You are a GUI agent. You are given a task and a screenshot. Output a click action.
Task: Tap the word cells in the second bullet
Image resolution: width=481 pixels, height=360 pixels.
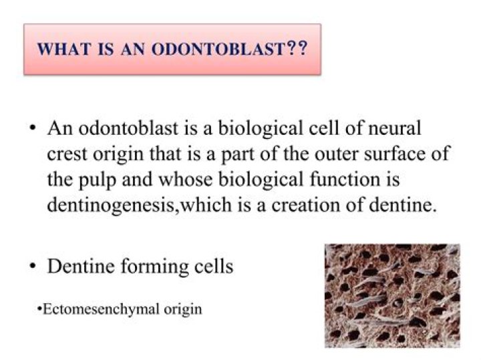[214, 266]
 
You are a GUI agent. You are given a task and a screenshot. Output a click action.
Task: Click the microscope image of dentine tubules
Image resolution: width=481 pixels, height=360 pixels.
[392, 295]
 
